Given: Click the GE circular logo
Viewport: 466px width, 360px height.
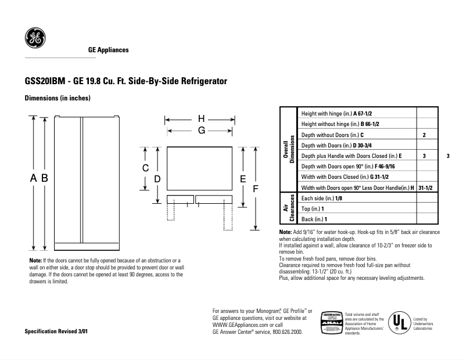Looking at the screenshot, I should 34,39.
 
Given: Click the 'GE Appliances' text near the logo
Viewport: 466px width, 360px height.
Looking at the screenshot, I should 108,50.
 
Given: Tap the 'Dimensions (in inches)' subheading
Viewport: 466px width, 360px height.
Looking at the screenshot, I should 57,98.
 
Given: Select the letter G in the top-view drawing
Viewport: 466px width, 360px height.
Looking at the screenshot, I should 201,131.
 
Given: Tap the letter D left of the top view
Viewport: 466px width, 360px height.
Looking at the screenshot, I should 157,179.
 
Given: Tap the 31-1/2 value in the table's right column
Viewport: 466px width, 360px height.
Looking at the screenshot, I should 427,188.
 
